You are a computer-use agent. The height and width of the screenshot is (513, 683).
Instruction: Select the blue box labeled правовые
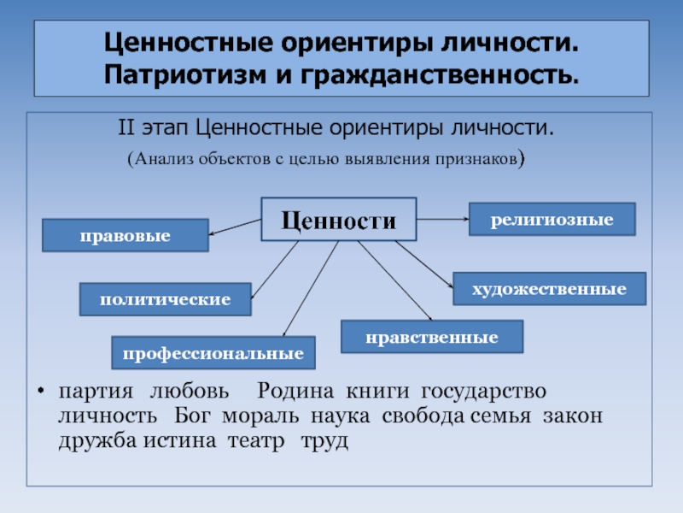(x=126, y=235)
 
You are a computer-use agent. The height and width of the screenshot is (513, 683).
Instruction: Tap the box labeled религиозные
(x=552, y=220)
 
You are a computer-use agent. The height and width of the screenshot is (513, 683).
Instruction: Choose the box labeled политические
(x=165, y=299)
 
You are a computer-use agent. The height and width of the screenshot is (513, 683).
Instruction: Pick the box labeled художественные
(x=549, y=289)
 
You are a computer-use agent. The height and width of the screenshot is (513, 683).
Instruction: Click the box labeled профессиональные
(x=213, y=352)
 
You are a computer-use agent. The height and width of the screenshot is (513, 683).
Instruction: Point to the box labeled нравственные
(x=432, y=337)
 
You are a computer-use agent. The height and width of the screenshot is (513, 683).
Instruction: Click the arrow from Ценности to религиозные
(x=442, y=220)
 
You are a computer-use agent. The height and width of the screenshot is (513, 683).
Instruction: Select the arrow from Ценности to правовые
(x=235, y=227)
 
